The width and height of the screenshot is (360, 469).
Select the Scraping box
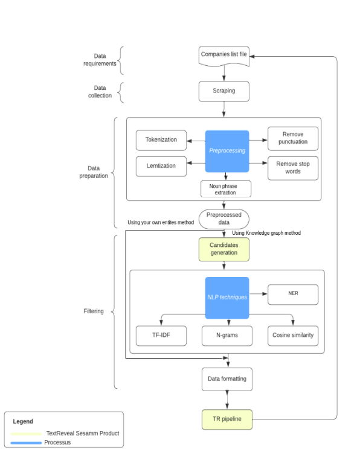[x=224, y=91]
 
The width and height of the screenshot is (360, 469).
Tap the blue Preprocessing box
[x=227, y=151]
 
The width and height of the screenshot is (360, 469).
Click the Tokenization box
[x=161, y=140]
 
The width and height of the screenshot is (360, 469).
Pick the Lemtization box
[x=161, y=164]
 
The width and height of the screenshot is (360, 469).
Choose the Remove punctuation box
[x=292, y=138]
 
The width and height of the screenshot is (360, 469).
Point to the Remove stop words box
[x=292, y=167]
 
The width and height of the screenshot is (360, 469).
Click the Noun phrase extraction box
[x=226, y=189]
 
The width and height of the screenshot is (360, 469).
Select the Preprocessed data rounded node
[x=224, y=218]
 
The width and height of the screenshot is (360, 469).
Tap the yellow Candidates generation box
[x=223, y=249]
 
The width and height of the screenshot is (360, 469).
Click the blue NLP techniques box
[x=227, y=298]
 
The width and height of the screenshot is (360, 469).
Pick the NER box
[x=292, y=295]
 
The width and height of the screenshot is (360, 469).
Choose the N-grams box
[x=227, y=335]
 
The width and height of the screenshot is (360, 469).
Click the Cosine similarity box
[x=292, y=335]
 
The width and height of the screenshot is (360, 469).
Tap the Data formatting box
[x=227, y=379]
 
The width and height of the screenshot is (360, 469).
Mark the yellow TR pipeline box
[x=227, y=419]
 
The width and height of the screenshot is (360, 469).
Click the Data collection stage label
[x=100, y=92]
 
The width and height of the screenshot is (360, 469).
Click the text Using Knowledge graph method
[x=266, y=233]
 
